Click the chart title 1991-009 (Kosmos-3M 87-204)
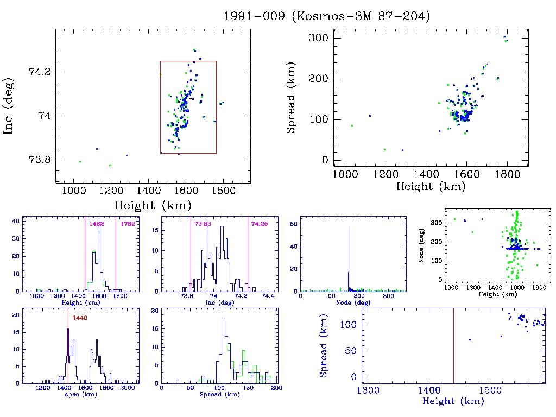tap(327, 16)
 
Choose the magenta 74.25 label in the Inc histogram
tap(259, 224)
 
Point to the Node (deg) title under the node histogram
tap(353, 302)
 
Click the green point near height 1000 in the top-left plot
tap(80, 161)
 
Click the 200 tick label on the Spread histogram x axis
tap(276, 388)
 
